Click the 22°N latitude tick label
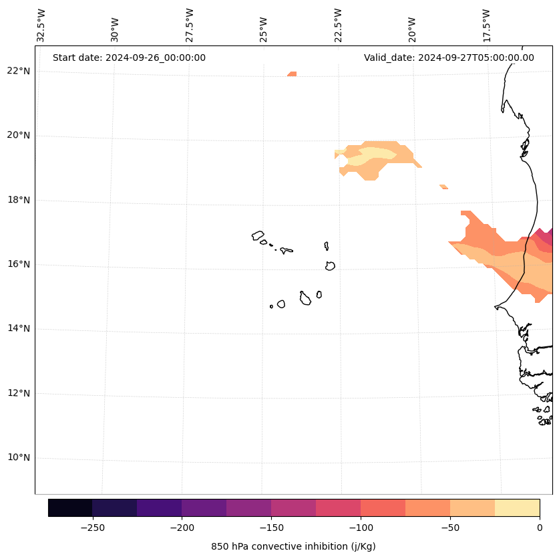click(x=18, y=71)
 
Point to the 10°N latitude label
click(x=18, y=458)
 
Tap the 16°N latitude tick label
click(x=18, y=264)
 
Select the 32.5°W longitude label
click(x=41, y=25)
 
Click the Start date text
click(x=129, y=58)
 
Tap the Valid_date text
click(x=449, y=58)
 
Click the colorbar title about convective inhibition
click(x=293, y=546)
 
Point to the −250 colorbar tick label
click(x=92, y=528)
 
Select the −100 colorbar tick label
click(x=361, y=528)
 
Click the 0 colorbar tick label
click(x=539, y=528)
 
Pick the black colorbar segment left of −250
click(x=70, y=508)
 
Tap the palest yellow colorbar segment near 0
click(x=517, y=508)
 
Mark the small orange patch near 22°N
click(x=292, y=74)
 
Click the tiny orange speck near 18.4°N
click(x=443, y=187)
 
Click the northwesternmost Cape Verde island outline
click(x=258, y=235)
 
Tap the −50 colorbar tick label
click(x=449, y=528)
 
